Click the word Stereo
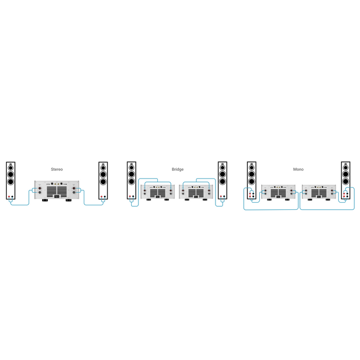pyautogui.click(x=57, y=169)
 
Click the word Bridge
pyautogui.click(x=177, y=169)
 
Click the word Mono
pyautogui.click(x=298, y=169)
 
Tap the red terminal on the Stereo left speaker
pyautogui.click(x=9, y=197)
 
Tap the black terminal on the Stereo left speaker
pyautogui.click(x=13, y=197)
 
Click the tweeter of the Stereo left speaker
pyautogui.click(x=11, y=166)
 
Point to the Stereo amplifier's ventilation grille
pyautogui.click(x=57, y=192)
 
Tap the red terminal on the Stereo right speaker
pyautogui.click(x=101, y=197)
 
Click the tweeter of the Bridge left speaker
pyautogui.click(x=132, y=165)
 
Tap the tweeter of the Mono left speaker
pyautogui.click(x=251, y=165)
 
